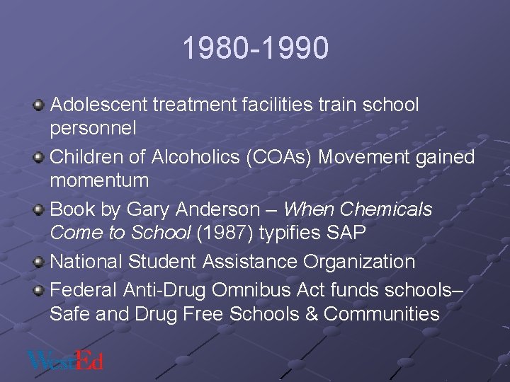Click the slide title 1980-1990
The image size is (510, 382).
coord(255,49)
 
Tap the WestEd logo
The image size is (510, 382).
coord(65,359)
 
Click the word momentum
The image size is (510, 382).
coord(99,181)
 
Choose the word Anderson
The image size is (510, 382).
coord(221,209)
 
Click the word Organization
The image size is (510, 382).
coord(359,262)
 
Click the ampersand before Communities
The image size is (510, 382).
coord(310,313)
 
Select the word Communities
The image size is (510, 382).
coord(382,313)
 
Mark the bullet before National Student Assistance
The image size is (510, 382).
coord(39,262)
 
